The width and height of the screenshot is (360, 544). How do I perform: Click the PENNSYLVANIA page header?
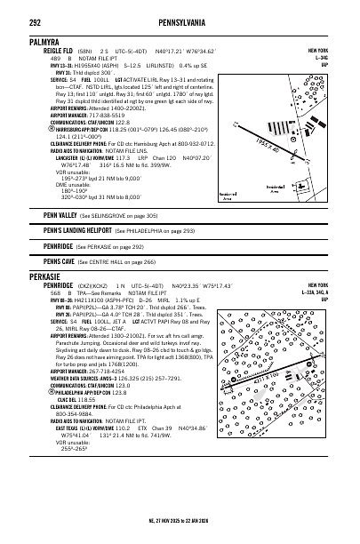coord(180,15)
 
